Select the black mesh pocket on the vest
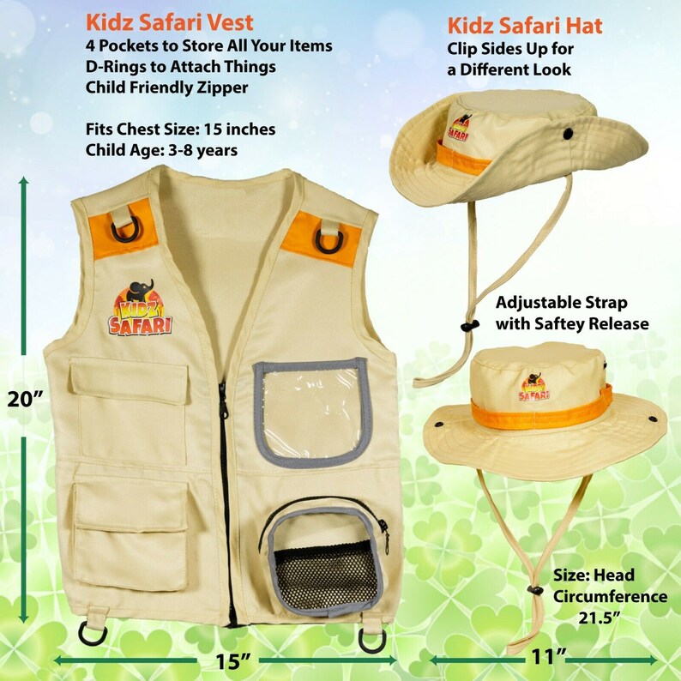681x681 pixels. pos(311,563)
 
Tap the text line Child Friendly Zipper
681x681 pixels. pos(166,86)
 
